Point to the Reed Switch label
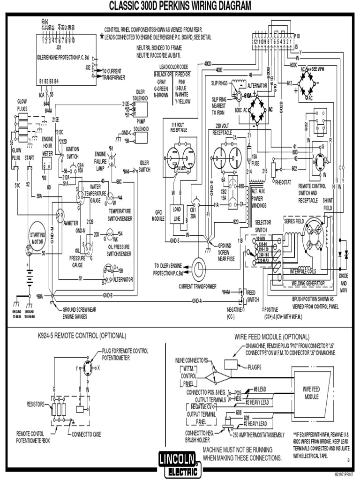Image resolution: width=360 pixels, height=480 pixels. (x=253, y=296)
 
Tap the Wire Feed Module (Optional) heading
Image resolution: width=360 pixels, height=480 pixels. (x=272, y=337)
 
